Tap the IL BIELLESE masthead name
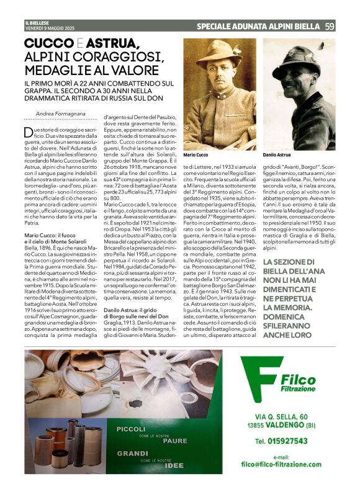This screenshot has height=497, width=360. pyautogui.click(x=36, y=23)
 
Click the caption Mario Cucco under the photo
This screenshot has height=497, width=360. pyautogui.click(x=196, y=153)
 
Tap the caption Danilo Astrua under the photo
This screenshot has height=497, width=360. pyautogui.click(x=277, y=153)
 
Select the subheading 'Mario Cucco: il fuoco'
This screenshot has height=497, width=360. pyautogui.click(x=49, y=236)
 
